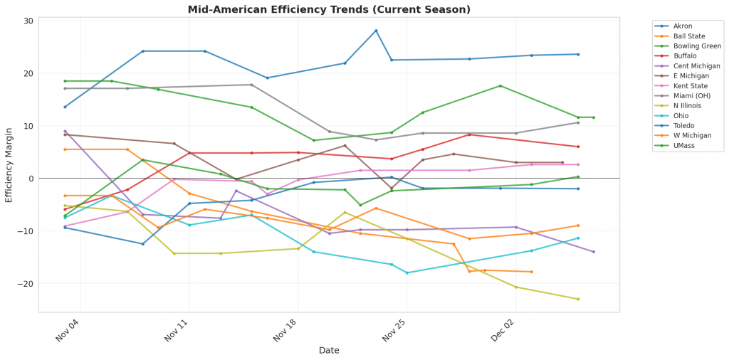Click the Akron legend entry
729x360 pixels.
(x=682, y=26)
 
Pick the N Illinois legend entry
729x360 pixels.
(x=685, y=106)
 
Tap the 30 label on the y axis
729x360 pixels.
(x=28, y=21)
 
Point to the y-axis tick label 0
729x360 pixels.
(x=31, y=179)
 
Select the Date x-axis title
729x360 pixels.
(x=329, y=350)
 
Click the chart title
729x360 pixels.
(x=329, y=10)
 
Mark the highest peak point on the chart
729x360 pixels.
(x=376, y=31)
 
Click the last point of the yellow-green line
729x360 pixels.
(x=578, y=299)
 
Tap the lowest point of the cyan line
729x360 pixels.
(x=407, y=272)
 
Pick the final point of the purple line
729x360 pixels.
(x=594, y=252)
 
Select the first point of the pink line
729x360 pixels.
(x=65, y=226)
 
